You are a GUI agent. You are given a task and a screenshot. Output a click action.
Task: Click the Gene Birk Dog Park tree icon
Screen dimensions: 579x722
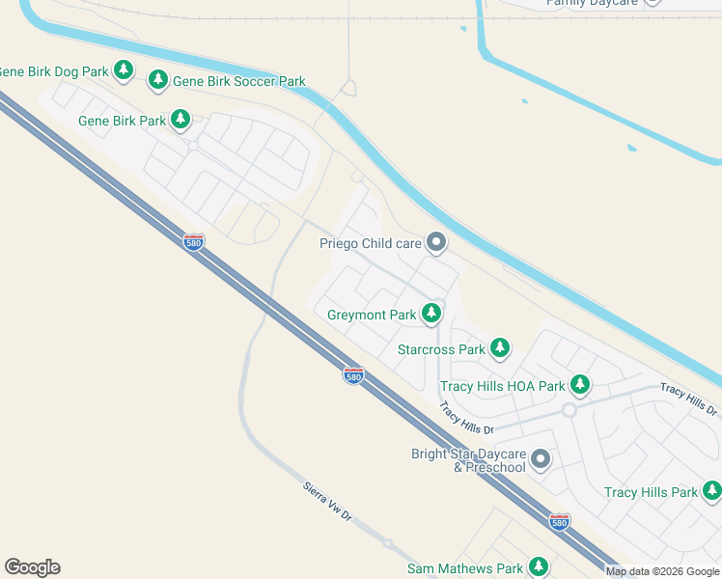click(x=123, y=69)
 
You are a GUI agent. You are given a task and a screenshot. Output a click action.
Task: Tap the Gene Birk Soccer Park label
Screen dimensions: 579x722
click(x=239, y=81)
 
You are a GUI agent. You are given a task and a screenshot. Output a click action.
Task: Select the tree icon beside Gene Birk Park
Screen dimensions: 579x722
click(x=180, y=120)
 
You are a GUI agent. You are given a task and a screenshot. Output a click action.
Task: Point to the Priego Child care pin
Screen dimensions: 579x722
click(x=436, y=242)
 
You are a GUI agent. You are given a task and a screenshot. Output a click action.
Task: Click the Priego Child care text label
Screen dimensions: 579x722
click(x=371, y=243)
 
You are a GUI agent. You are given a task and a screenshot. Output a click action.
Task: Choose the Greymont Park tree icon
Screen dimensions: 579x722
click(x=430, y=313)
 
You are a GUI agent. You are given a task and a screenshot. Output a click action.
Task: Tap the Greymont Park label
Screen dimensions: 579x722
click(x=372, y=315)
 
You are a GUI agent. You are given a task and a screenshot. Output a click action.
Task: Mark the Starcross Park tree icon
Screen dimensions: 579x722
click(x=499, y=347)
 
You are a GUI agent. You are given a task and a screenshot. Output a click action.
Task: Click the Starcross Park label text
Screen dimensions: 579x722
click(x=441, y=349)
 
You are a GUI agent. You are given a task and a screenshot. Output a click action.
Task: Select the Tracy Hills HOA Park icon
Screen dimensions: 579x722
click(x=579, y=385)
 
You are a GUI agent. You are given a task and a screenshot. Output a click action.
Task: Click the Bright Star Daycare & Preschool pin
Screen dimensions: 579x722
click(x=541, y=459)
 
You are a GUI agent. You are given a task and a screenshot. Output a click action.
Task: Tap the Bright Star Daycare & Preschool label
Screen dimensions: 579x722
click(x=468, y=460)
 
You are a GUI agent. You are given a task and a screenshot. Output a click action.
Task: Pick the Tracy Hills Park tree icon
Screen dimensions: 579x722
click(x=711, y=491)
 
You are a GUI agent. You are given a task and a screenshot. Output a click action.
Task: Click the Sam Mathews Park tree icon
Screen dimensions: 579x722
click(x=538, y=567)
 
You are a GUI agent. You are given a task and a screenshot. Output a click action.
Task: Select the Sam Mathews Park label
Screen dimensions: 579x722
click(x=464, y=568)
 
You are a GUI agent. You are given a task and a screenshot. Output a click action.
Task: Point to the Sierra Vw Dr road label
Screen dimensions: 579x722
click(x=327, y=502)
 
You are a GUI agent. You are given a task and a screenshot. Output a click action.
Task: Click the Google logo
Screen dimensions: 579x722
click(x=32, y=567)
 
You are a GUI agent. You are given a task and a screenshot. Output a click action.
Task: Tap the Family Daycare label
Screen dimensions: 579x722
click(x=590, y=3)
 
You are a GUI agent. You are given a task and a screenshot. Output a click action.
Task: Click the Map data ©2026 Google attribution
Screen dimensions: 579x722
click(x=662, y=571)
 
